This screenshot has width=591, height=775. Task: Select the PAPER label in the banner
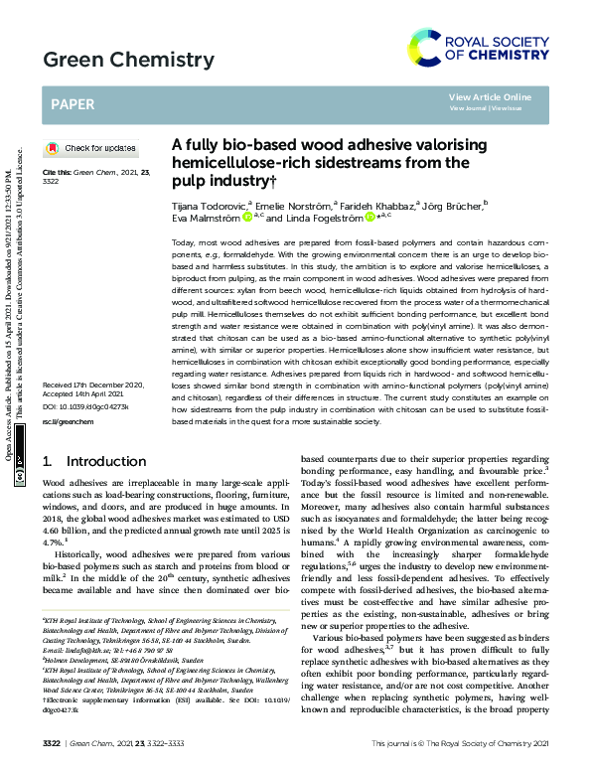pos(72,103)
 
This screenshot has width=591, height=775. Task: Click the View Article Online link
pos(490,96)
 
